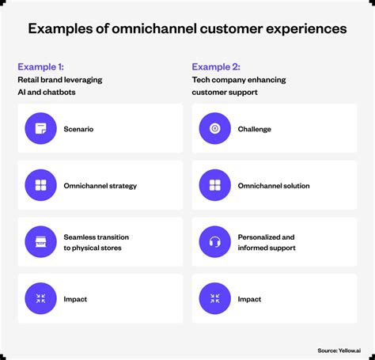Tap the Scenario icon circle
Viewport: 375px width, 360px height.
click(x=41, y=129)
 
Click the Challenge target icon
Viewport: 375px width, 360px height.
click(x=214, y=129)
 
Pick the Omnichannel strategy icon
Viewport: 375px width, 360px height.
click(x=41, y=186)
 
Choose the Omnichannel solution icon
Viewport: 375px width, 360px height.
click(x=214, y=186)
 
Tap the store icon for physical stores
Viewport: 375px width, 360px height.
click(x=41, y=242)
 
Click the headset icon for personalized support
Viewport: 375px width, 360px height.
click(x=214, y=242)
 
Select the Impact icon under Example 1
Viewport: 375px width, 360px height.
click(x=41, y=299)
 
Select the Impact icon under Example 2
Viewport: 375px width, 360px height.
click(x=214, y=299)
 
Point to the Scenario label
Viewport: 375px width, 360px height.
click(x=79, y=129)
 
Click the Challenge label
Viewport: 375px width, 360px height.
click(x=254, y=129)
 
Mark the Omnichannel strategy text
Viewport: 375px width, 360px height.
click(x=100, y=186)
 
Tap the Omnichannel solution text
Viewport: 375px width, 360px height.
click(x=274, y=186)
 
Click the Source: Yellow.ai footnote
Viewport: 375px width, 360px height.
click(x=339, y=351)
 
